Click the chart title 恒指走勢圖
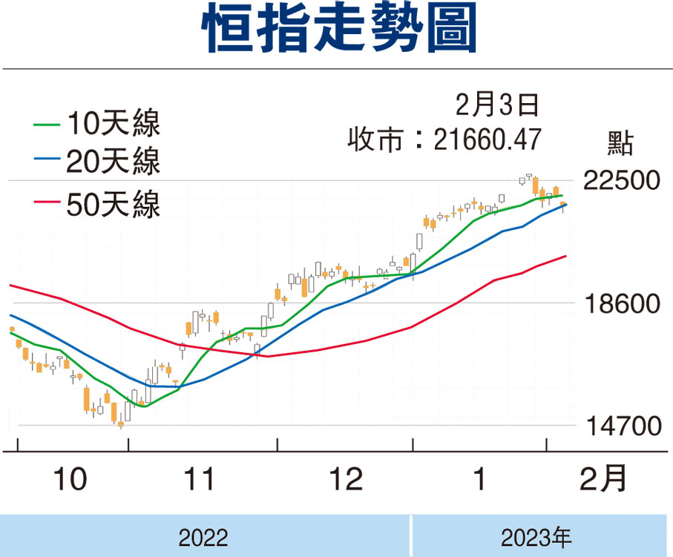click(338, 31)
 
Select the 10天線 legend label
click(113, 123)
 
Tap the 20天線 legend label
click(113, 162)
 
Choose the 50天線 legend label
click(113, 204)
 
